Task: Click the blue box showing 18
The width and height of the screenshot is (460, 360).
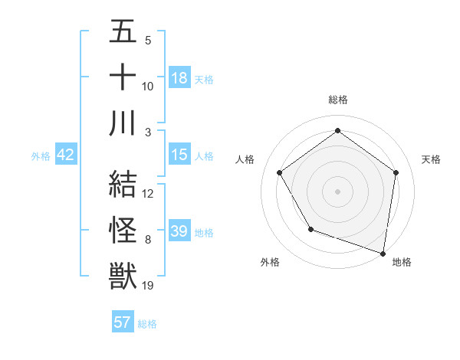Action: click(x=179, y=78)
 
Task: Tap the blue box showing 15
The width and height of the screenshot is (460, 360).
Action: click(x=179, y=155)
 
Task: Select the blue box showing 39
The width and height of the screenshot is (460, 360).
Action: click(x=179, y=231)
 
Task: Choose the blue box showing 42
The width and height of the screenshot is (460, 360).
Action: click(x=66, y=155)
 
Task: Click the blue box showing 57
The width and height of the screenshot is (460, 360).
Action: click(x=123, y=322)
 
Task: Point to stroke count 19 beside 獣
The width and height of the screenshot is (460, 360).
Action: click(x=148, y=286)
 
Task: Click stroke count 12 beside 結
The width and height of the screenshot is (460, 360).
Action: click(x=148, y=194)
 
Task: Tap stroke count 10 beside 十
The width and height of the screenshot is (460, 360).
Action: click(x=148, y=87)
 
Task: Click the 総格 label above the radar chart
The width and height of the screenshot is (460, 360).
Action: click(x=337, y=100)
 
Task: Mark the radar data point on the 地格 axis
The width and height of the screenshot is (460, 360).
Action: click(x=383, y=253)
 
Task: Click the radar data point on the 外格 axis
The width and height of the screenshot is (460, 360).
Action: click(x=310, y=229)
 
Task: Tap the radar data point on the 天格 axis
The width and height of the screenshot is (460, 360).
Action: click(x=396, y=172)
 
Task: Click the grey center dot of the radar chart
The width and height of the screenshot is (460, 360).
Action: click(x=337, y=191)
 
